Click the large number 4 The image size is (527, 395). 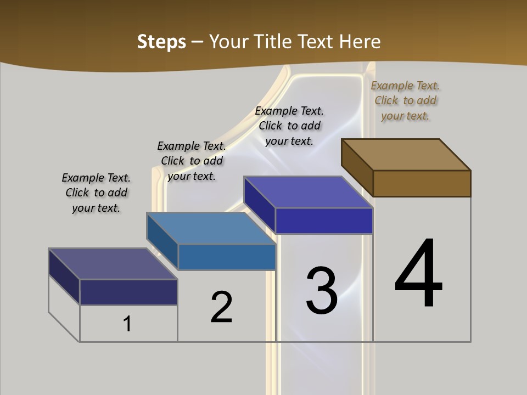419,274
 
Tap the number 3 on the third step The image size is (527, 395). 322,291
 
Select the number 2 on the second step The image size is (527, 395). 221,307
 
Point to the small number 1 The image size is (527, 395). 127,324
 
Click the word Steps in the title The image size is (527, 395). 161,42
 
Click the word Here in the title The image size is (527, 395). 360,42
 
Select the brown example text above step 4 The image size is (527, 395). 405,100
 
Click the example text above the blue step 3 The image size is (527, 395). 289,126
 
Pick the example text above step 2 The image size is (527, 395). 192,161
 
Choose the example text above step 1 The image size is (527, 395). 96,193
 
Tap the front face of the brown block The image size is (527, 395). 422,183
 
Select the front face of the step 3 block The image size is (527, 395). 324,221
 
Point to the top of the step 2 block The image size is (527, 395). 211,228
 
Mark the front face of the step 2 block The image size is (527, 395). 226,257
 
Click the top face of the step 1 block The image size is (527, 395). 113,264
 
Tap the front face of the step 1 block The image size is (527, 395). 128,292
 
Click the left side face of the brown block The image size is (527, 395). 357,167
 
